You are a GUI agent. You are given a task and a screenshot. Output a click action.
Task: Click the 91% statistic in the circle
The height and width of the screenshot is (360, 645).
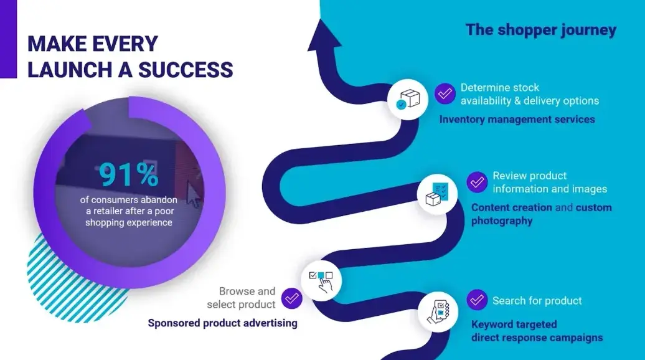coord(129,175)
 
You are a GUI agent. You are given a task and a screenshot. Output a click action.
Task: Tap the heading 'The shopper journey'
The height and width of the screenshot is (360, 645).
coord(541,30)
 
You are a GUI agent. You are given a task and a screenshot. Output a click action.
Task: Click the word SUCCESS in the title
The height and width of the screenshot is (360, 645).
coord(186,69)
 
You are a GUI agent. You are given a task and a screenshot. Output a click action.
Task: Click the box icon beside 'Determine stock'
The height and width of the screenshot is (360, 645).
coord(408,100)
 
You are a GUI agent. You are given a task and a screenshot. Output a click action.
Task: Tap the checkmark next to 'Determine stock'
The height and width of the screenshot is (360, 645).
coord(445,94)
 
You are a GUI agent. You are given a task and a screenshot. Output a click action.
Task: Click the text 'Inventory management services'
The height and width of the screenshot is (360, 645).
coord(517,120)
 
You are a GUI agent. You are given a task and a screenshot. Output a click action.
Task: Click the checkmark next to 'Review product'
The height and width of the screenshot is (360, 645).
coord(477,182)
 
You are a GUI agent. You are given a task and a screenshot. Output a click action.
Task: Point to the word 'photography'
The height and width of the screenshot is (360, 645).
coord(502,221)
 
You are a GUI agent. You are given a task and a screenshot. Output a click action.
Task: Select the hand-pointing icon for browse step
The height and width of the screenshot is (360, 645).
coord(321,281)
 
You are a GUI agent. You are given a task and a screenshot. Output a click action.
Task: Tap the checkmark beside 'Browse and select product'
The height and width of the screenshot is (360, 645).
coord(291,298)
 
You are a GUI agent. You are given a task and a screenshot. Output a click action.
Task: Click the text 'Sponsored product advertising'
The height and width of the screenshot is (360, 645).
coord(222,323)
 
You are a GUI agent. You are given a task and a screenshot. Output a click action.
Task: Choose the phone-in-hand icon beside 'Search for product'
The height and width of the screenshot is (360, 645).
coord(438,312)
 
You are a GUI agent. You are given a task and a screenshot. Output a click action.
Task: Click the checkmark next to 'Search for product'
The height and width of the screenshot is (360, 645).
coord(477,300)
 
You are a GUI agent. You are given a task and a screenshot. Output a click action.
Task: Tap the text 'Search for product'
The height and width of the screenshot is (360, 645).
coord(537,301)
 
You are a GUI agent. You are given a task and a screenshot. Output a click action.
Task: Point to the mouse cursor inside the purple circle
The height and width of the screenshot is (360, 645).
coord(194,194)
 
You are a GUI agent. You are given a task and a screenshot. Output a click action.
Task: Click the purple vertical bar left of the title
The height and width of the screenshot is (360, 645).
coord(8,39)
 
